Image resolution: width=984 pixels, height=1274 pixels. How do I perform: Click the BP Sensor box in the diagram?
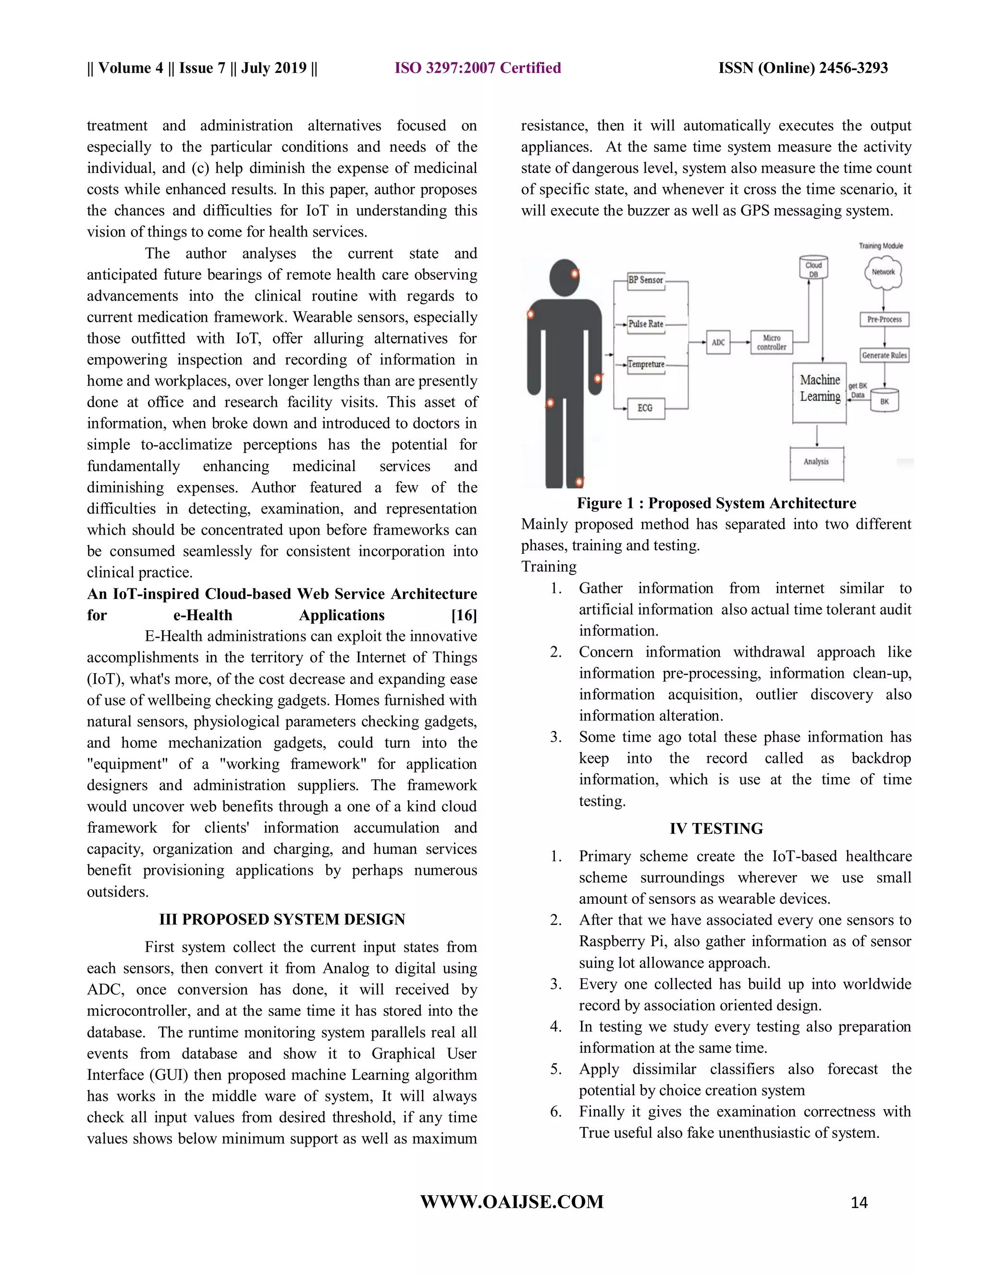coord(645,280)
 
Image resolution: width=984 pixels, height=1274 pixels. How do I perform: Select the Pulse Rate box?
coord(645,324)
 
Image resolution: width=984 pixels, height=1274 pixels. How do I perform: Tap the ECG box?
coord(645,408)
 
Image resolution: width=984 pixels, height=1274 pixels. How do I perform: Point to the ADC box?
coord(718,342)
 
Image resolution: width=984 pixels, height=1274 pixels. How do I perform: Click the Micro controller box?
coord(771,342)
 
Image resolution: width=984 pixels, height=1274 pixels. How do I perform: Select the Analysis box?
coord(816,462)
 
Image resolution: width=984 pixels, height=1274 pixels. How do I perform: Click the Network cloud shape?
coord(883,273)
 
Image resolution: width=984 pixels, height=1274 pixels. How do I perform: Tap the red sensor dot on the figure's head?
coord(574,274)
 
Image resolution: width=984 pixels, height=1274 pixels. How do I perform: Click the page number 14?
coord(859,1203)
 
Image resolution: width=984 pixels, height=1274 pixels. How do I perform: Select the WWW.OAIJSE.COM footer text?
coord(512,1202)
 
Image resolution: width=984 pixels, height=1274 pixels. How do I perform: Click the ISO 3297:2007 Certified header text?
coord(478,68)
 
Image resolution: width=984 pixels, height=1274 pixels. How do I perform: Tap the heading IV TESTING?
coord(716,828)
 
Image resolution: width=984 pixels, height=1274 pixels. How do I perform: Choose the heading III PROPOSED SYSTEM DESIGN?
coord(282,919)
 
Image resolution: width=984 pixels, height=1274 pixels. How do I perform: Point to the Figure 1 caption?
coord(716,503)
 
